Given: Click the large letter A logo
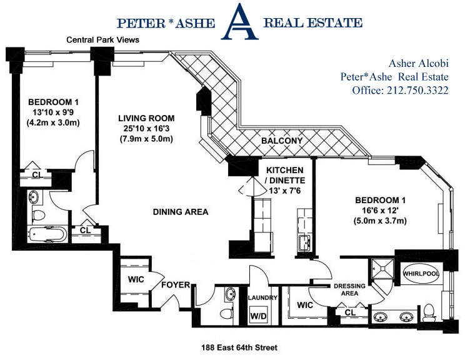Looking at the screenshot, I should [x=241, y=22].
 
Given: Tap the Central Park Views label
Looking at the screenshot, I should [x=103, y=40].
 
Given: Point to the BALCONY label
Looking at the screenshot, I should [x=282, y=141].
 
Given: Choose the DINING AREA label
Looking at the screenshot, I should [x=180, y=212].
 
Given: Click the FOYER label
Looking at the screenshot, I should [x=176, y=285].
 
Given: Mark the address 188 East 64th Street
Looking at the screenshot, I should [x=239, y=347].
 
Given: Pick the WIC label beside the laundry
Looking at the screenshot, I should [x=305, y=306].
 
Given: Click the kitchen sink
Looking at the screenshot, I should [x=304, y=242].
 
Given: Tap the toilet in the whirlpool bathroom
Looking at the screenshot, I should [x=429, y=309].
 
